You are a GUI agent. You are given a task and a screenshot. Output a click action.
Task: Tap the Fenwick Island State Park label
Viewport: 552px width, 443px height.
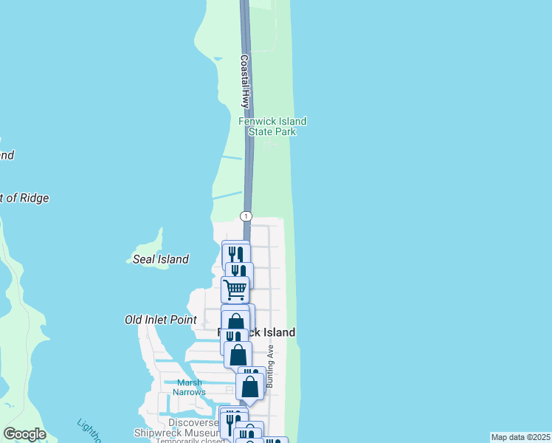(x=272, y=126)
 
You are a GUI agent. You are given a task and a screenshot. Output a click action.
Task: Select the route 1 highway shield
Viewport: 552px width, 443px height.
(x=246, y=216)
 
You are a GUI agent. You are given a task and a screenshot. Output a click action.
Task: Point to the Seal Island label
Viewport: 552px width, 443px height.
(x=160, y=259)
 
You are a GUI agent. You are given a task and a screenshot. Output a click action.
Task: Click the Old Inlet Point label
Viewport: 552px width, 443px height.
(x=160, y=320)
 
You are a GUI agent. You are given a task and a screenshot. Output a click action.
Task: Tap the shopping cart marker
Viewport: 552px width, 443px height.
(x=235, y=289)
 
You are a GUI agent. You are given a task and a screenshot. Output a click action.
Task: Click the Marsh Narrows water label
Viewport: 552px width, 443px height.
(x=190, y=387)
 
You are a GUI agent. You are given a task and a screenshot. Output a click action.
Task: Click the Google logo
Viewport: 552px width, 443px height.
(x=24, y=434)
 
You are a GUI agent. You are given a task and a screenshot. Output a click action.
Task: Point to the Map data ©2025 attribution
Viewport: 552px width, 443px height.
(x=521, y=437)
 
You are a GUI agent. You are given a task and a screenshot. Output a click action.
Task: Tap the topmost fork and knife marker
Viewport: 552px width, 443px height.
(x=235, y=254)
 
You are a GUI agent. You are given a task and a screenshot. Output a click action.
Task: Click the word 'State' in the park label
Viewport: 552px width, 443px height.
(x=261, y=131)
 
